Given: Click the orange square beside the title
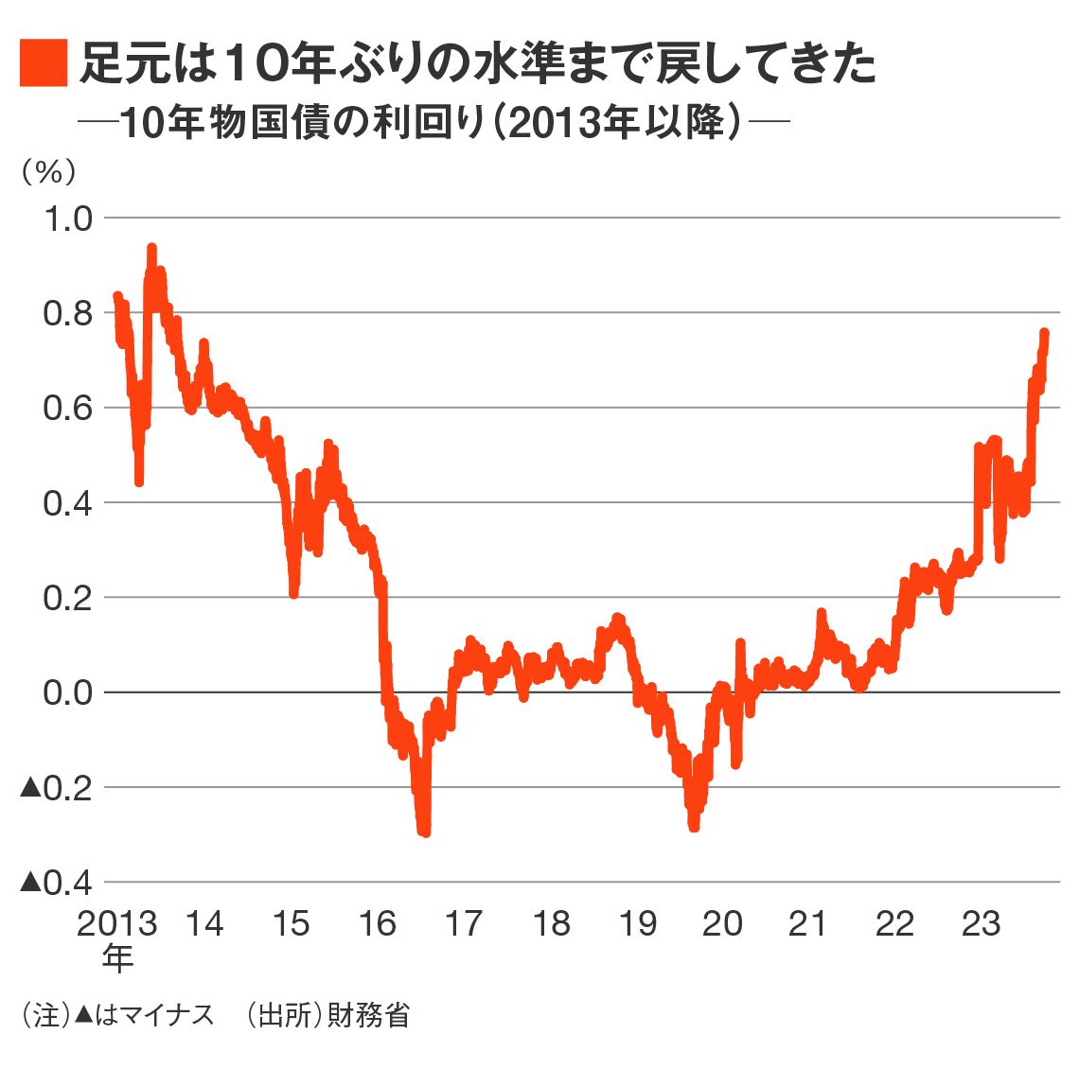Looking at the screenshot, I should pos(43,63).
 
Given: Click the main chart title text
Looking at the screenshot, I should pos(478,63).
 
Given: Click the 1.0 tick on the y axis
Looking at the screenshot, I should pos(68,219).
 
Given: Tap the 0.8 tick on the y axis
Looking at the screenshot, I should pos(68,313).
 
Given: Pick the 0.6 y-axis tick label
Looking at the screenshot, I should pos(68,408).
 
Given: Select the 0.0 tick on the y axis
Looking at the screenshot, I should pos(68,692).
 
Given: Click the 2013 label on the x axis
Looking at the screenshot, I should pos(117,923).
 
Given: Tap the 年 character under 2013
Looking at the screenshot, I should pos(117,958).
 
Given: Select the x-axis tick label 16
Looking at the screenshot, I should pos(377,923).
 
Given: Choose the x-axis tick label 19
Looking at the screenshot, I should pos(637,923).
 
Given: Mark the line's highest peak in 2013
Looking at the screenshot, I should pos(151,249).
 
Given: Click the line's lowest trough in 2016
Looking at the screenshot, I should pos(425,832).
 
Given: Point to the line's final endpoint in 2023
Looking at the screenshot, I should pos(1044,333).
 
